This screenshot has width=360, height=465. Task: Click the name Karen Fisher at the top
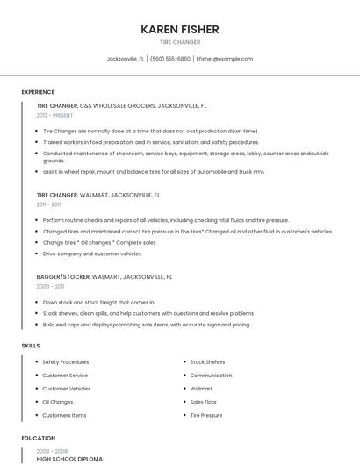click(x=180, y=29)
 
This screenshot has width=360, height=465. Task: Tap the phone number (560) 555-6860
click(x=170, y=59)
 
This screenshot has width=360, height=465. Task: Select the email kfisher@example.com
click(x=225, y=59)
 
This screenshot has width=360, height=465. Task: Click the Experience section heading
click(x=38, y=92)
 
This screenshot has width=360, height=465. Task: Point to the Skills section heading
click(x=31, y=346)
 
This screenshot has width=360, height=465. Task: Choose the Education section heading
click(x=39, y=438)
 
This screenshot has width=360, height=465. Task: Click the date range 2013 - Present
click(x=54, y=115)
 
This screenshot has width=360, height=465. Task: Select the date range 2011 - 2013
click(x=49, y=204)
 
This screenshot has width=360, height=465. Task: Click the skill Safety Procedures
click(x=65, y=361)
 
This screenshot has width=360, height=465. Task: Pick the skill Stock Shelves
click(x=207, y=361)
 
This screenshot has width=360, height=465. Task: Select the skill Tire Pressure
click(x=207, y=414)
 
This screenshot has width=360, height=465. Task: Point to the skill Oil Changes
click(x=58, y=401)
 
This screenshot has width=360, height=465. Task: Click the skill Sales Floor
click(x=205, y=401)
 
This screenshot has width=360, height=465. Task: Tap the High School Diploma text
click(x=69, y=459)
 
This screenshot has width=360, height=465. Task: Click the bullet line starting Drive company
click(x=92, y=254)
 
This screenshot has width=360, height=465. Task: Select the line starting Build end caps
click(x=146, y=325)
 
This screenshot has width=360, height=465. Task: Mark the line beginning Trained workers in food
click(x=151, y=141)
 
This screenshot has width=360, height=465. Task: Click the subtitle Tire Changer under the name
click(x=180, y=42)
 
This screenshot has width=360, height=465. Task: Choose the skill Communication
click(x=212, y=375)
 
